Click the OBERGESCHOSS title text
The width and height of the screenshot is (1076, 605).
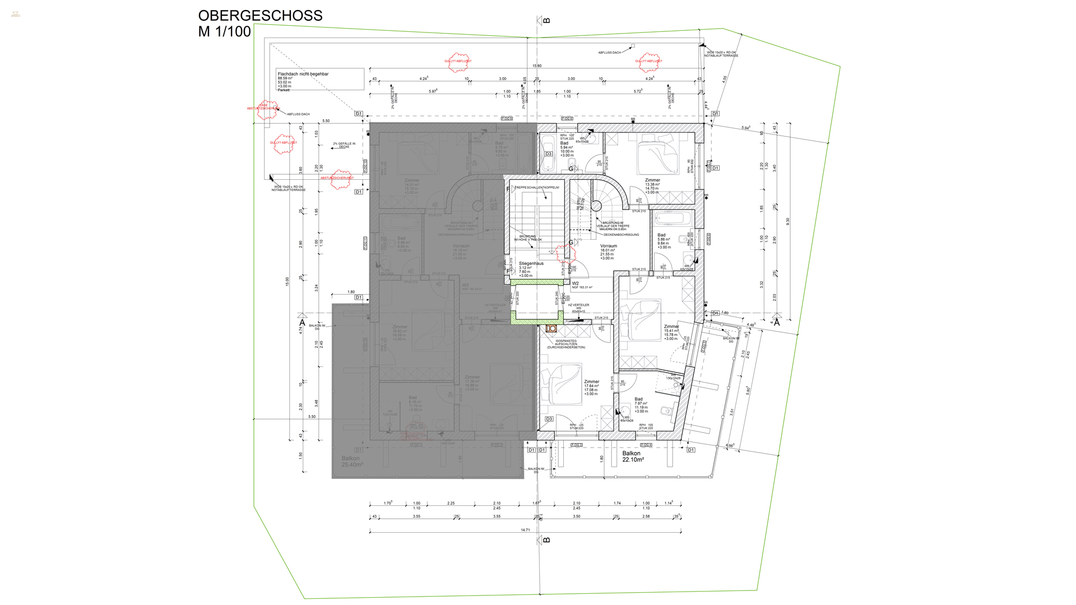coord(260,16)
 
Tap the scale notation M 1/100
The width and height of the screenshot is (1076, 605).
coord(224,32)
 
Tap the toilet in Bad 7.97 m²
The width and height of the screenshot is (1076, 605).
coord(665,411)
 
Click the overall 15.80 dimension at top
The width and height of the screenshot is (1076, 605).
coord(537,66)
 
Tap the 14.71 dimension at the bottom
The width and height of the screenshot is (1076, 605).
coord(525,529)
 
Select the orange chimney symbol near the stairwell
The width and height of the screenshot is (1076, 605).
coord(551,329)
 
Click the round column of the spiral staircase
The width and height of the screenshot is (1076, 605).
coord(596,206)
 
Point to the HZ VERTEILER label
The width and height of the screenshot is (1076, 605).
coord(579,305)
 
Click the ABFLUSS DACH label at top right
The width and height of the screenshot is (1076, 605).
coord(610,53)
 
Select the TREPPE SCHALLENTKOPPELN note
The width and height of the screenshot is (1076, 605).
coord(537,188)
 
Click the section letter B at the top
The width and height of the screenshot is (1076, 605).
coord(546,21)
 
